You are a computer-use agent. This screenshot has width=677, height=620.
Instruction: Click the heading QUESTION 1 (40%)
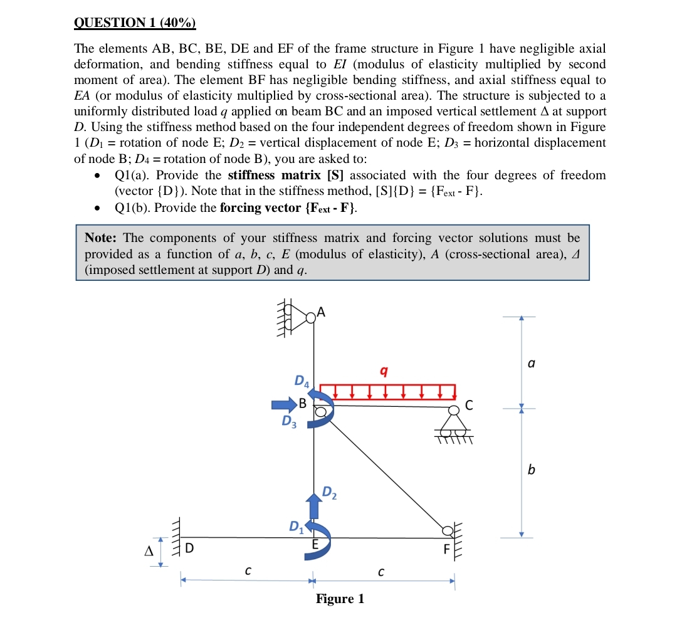coord(135,23)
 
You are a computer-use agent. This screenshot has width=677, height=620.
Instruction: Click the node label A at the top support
coord(322,312)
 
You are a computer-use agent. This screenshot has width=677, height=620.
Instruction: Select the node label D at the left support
coord(189,549)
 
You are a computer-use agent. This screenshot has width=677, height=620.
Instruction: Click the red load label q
coord(384,371)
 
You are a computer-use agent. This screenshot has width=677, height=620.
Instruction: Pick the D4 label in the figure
coord(302,380)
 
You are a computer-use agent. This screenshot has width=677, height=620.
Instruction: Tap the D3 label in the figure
coord(289,421)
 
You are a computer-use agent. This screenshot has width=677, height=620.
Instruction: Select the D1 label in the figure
coord(296,526)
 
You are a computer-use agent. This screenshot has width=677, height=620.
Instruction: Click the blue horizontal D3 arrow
coord(284,404)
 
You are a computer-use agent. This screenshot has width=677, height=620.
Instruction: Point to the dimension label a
coord(532,363)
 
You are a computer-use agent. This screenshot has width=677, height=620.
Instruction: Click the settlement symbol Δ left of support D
coord(149,551)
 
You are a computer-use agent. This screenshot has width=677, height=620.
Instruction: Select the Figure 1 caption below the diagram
coord(340,599)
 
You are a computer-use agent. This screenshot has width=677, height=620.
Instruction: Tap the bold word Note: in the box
coord(102,238)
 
